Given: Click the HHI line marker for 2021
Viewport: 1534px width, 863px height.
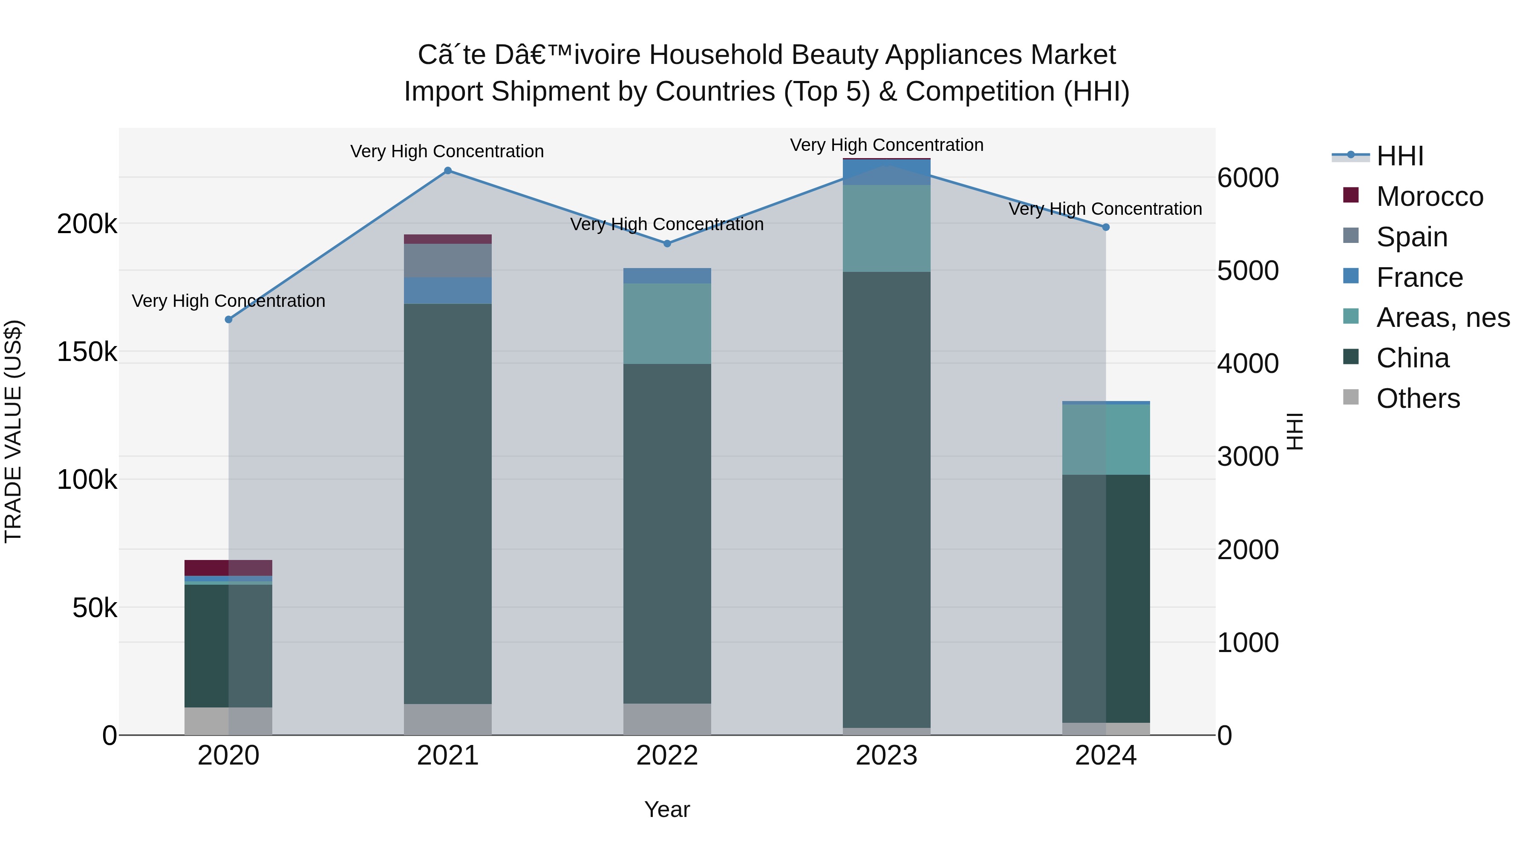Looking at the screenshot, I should (448, 171).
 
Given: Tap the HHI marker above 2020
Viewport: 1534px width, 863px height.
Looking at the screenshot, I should (229, 320).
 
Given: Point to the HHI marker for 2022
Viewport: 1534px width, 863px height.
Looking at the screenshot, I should (667, 244).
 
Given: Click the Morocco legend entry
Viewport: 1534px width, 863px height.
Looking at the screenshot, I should (1429, 196).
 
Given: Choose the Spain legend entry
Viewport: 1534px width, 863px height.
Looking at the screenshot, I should (1411, 237).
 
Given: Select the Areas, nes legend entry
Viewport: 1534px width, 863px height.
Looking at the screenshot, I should (1442, 317).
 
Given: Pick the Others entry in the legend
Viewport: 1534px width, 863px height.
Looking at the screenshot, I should (1417, 398).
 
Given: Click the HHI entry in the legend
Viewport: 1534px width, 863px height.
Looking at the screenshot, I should (1399, 156).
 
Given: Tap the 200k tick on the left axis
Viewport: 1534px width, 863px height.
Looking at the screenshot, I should (87, 225).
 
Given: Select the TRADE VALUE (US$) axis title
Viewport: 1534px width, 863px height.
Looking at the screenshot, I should (13, 431).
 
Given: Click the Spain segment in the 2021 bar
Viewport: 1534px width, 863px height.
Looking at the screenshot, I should (448, 261).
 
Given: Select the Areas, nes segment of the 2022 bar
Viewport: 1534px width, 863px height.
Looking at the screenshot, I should (667, 323).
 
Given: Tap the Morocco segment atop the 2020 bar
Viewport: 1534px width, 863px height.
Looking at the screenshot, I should (229, 568).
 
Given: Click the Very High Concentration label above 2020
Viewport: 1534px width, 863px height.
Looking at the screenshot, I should (229, 301).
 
